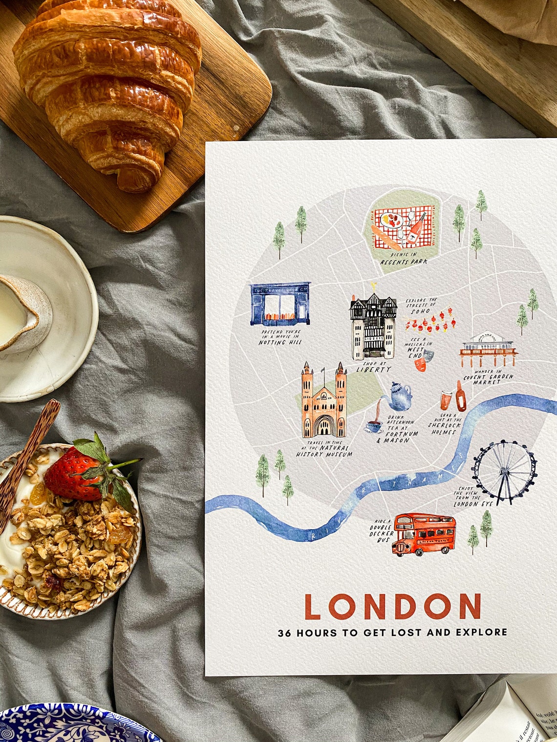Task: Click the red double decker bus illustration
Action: (x=424, y=534)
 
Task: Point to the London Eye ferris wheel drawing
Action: (x=504, y=472)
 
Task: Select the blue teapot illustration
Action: (x=399, y=396)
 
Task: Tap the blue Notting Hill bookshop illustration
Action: (x=280, y=304)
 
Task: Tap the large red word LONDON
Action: (x=392, y=606)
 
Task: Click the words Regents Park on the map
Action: (x=404, y=262)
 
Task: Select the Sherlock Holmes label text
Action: (x=444, y=428)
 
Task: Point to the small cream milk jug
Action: (x=22, y=312)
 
